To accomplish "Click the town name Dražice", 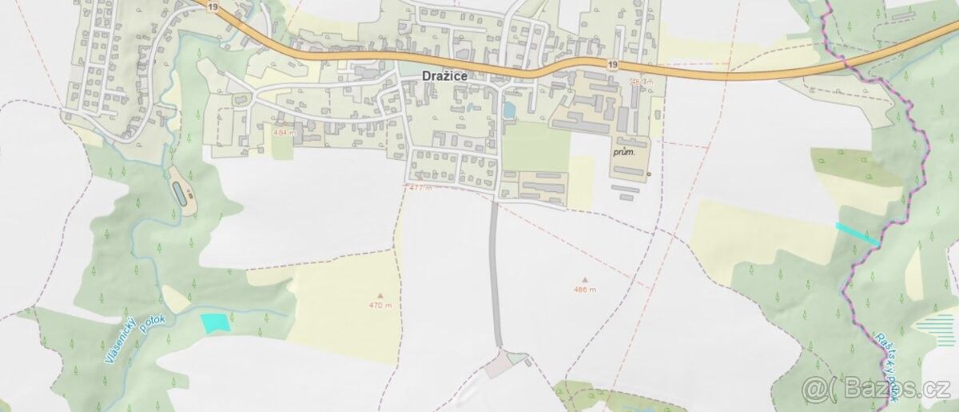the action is (x=444, y=75).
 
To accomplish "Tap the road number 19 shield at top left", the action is (x=211, y=6).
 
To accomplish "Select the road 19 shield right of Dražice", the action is (x=612, y=65).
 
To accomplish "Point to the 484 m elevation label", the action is (x=283, y=132).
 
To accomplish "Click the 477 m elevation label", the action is (x=420, y=188).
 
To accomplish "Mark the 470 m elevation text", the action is (x=380, y=306).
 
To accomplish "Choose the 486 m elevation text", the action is (x=585, y=290).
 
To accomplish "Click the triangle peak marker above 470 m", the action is (x=380, y=295).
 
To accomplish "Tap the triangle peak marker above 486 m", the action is (x=585, y=279).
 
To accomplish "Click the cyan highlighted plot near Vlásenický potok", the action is (x=214, y=322).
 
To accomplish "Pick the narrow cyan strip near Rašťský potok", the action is (x=858, y=234).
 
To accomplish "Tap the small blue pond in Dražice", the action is (x=508, y=110).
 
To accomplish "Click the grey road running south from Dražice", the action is (x=495, y=272).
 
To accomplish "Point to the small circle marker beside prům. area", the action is (x=649, y=174).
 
